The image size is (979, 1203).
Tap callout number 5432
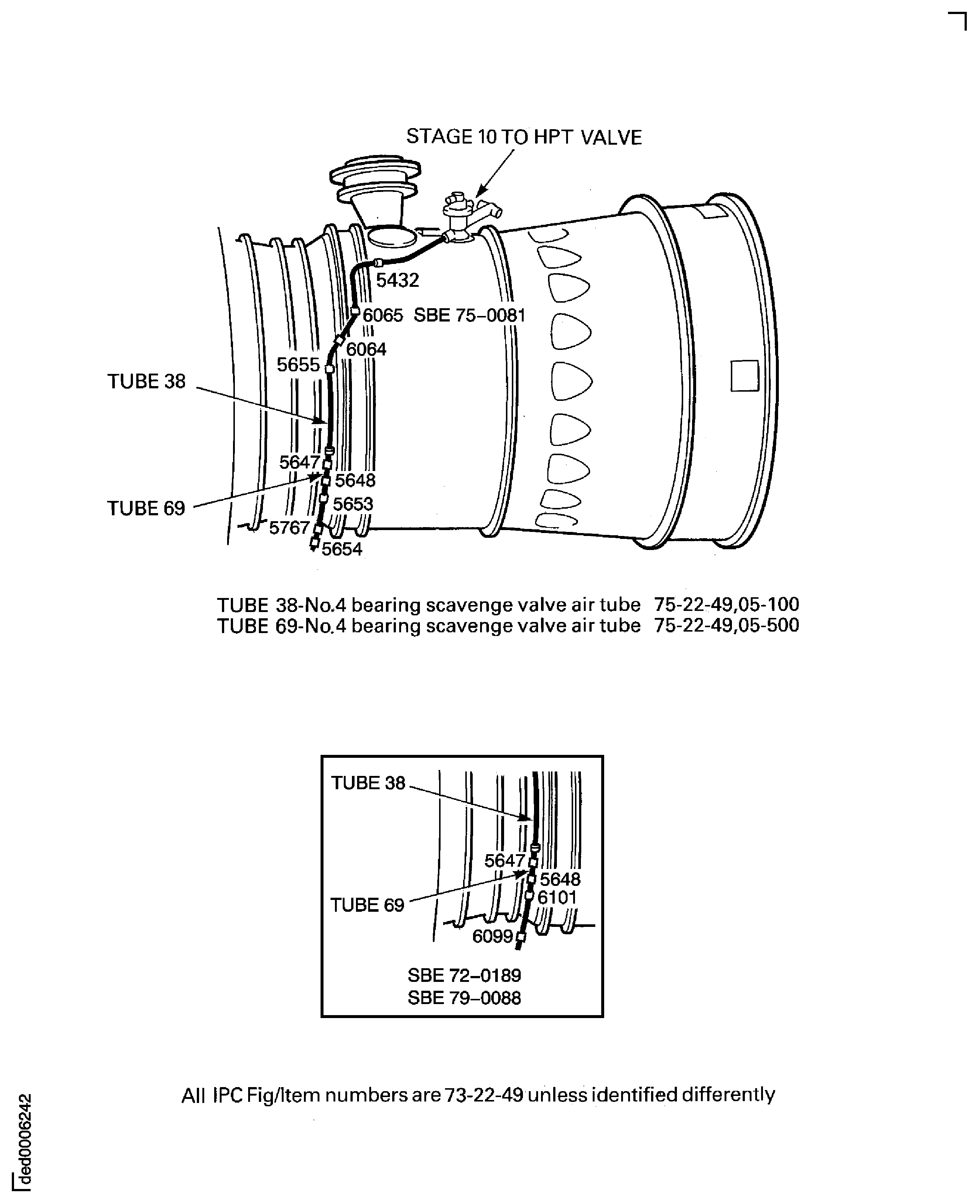click(398, 280)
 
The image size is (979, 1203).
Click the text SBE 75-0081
click(469, 315)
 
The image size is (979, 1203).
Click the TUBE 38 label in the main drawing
click(146, 382)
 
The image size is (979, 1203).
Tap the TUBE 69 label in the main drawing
click(146, 509)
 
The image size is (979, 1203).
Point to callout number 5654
click(342, 549)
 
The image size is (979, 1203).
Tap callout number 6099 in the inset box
click(492, 936)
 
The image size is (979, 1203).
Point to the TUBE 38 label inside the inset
click(368, 783)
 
